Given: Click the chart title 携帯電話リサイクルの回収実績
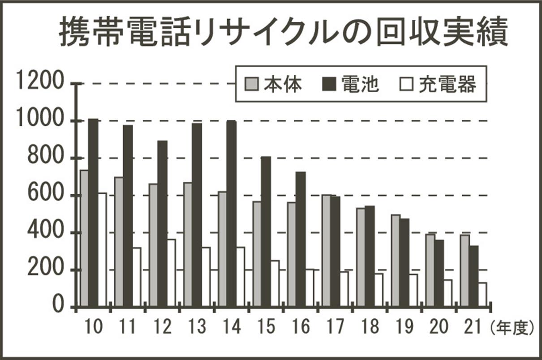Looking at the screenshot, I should pyautogui.click(x=284, y=33).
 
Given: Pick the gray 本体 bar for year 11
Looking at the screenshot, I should pyautogui.click(x=119, y=242).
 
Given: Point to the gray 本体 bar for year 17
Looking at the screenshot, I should pyautogui.click(x=327, y=251).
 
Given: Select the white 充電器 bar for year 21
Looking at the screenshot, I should pyautogui.click(x=482, y=295).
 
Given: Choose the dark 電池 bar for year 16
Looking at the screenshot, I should pyautogui.click(x=301, y=239).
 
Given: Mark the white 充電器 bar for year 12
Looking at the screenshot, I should pyautogui.click(x=171, y=273).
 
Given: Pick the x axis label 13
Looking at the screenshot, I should pyautogui.click(x=197, y=328).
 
